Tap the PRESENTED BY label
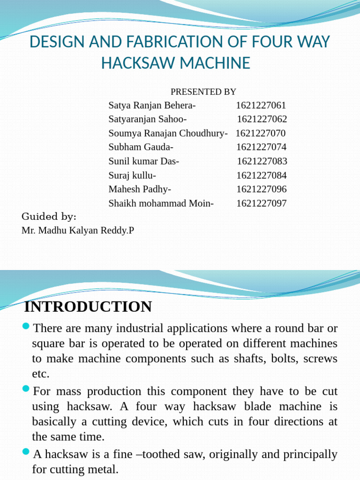click(203, 91)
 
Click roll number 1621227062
click(262, 119)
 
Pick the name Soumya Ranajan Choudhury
click(168, 133)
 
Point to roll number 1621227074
click(261, 147)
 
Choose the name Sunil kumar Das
click(143, 161)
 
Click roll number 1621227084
click(261, 175)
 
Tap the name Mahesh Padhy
click(140, 189)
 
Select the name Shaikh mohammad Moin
click(161, 203)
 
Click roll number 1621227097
click(261, 203)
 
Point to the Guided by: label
click(49, 217)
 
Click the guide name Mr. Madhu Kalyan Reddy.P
click(78, 231)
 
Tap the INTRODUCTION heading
click(88, 307)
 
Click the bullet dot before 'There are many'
click(26, 326)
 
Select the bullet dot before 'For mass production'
click(26, 389)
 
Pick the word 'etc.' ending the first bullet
click(40, 374)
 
